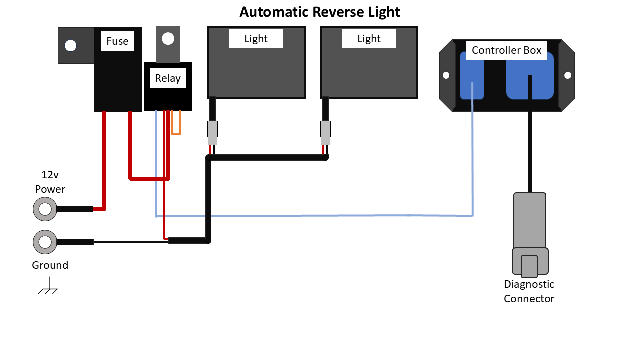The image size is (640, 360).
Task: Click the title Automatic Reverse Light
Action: (320, 12)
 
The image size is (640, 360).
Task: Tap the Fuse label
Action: (117, 41)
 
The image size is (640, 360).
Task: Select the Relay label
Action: (168, 78)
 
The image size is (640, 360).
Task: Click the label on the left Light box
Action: (256, 39)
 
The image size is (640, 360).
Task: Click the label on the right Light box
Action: (369, 39)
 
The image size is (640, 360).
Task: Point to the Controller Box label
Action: (506, 50)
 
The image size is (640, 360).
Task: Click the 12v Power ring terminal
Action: (45, 209)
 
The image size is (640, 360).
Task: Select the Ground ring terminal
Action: (45, 242)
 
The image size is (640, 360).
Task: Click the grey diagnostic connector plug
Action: (530, 235)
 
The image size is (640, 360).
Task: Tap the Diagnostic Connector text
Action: (529, 291)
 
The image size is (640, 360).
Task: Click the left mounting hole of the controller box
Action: (446, 75)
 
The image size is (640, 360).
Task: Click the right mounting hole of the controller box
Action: (568, 75)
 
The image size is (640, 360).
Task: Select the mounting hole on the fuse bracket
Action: (71, 46)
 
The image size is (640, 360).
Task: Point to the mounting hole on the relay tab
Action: (168, 38)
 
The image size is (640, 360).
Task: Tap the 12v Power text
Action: (50, 182)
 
